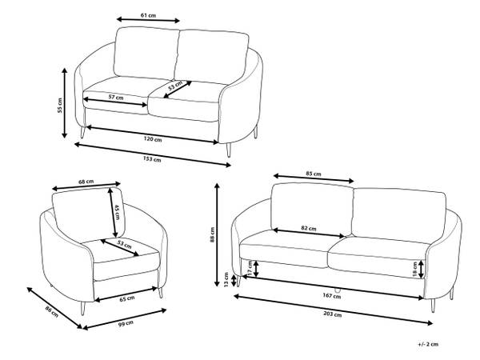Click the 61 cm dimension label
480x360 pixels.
click(x=148, y=15)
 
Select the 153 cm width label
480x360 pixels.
click(x=152, y=159)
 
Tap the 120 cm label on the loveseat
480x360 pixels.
click(x=153, y=139)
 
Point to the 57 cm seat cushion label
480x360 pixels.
click(x=116, y=98)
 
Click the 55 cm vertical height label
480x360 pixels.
click(x=60, y=106)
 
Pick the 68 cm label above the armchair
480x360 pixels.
click(x=86, y=182)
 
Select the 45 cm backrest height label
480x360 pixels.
click(x=118, y=212)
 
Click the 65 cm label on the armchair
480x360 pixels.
click(x=126, y=298)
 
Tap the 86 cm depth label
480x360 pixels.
click(x=52, y=311)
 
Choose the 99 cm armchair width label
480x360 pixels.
click(x=126, y=323)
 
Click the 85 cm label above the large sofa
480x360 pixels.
click(x=314, y=174)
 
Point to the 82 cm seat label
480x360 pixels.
click(x=309, y=228)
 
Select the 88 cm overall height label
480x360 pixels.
click(x=213, y=234)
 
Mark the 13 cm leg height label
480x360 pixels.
click(x=226, y=279)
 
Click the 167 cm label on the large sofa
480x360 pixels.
click(x=332, y=296)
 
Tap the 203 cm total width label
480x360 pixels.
click(x=333, y=314)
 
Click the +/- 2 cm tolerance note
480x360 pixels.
click(x=428, y=344)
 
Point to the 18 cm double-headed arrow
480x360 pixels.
click(x=422, y=269)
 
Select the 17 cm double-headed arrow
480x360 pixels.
click(x=256, y=268)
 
